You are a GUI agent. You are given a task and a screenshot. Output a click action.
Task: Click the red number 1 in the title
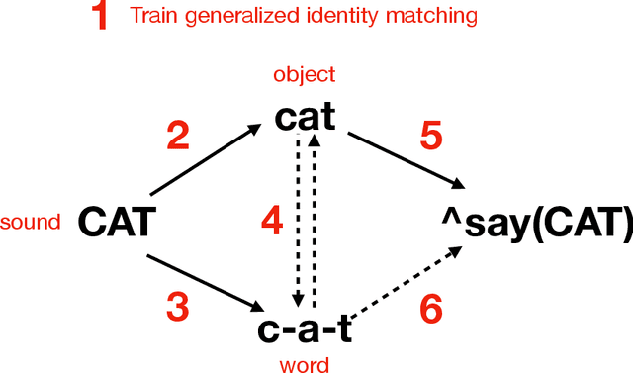[x=100, y=17]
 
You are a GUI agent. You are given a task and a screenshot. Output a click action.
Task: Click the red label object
[x=306, y=75]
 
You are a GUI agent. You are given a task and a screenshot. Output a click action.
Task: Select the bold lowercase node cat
[x=307, y=118]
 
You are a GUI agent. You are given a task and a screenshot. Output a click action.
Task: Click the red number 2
[x=178, y=136]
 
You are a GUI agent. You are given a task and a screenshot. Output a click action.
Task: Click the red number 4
[x=271, y=219]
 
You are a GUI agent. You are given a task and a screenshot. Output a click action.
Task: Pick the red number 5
[x=430, y=136]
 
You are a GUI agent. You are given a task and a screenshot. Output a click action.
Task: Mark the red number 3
[x=177, y=308]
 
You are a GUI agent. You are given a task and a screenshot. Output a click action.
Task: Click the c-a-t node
[x=305, y=326]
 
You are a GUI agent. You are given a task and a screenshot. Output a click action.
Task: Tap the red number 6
[x=431, y=310]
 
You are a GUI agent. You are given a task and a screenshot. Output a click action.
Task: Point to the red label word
[x=305, y=364]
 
